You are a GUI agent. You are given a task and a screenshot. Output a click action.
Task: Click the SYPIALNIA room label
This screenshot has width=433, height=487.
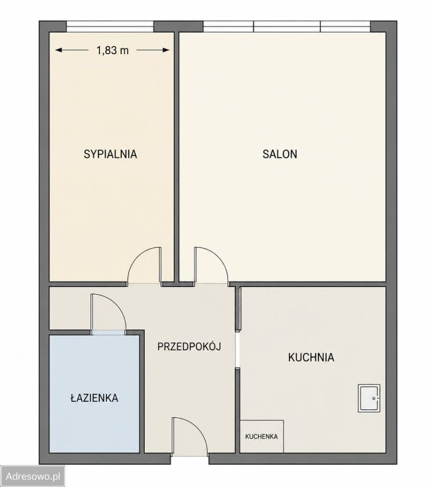[110, 154]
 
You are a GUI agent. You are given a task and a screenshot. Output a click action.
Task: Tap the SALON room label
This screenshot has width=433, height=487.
[280, 154]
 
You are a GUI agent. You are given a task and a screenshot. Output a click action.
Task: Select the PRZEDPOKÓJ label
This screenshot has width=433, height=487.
[189, 345]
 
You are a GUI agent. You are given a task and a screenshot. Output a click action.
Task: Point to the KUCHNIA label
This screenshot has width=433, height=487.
[311, 357]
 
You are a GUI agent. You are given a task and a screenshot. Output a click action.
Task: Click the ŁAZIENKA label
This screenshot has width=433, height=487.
[94, 397]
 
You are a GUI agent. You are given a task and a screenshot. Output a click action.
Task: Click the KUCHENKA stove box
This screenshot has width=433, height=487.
[262, 436]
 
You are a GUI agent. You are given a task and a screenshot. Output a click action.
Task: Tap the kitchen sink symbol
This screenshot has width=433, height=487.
[369, 398]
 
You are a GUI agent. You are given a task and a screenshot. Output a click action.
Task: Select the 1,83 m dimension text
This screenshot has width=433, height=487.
[113, 50]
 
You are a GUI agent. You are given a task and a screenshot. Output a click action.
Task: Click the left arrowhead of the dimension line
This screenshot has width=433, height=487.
[58, 50]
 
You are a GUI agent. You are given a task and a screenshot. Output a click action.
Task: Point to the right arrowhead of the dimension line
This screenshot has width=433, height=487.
[167, 50]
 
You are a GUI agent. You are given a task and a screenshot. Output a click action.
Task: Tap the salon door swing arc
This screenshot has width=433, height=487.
[220, 258]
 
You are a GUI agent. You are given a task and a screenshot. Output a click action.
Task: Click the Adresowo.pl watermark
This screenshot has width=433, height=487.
[33, 476]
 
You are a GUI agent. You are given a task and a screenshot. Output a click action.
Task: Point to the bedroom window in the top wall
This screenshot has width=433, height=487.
[110, 26]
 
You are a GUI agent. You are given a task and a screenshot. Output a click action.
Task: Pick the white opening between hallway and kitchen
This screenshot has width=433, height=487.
[237, 350]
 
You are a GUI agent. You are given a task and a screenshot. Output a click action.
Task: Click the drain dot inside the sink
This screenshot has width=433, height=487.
[374, 398]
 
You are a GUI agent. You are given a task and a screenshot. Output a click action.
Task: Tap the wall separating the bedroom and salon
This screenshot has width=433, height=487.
[176, 156]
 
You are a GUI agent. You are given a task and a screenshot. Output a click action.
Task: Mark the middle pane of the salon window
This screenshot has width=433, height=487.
[287, 26]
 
